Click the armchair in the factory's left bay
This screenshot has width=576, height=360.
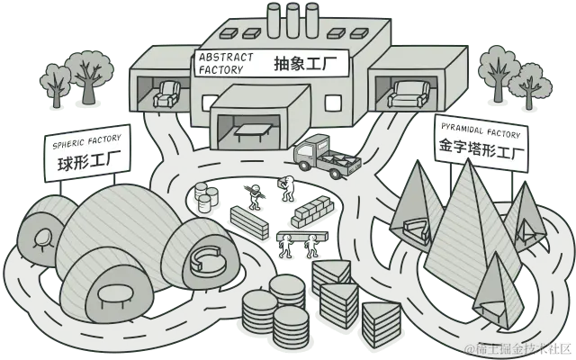click(166, 94)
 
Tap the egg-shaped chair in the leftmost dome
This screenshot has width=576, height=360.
click(41, 238)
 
